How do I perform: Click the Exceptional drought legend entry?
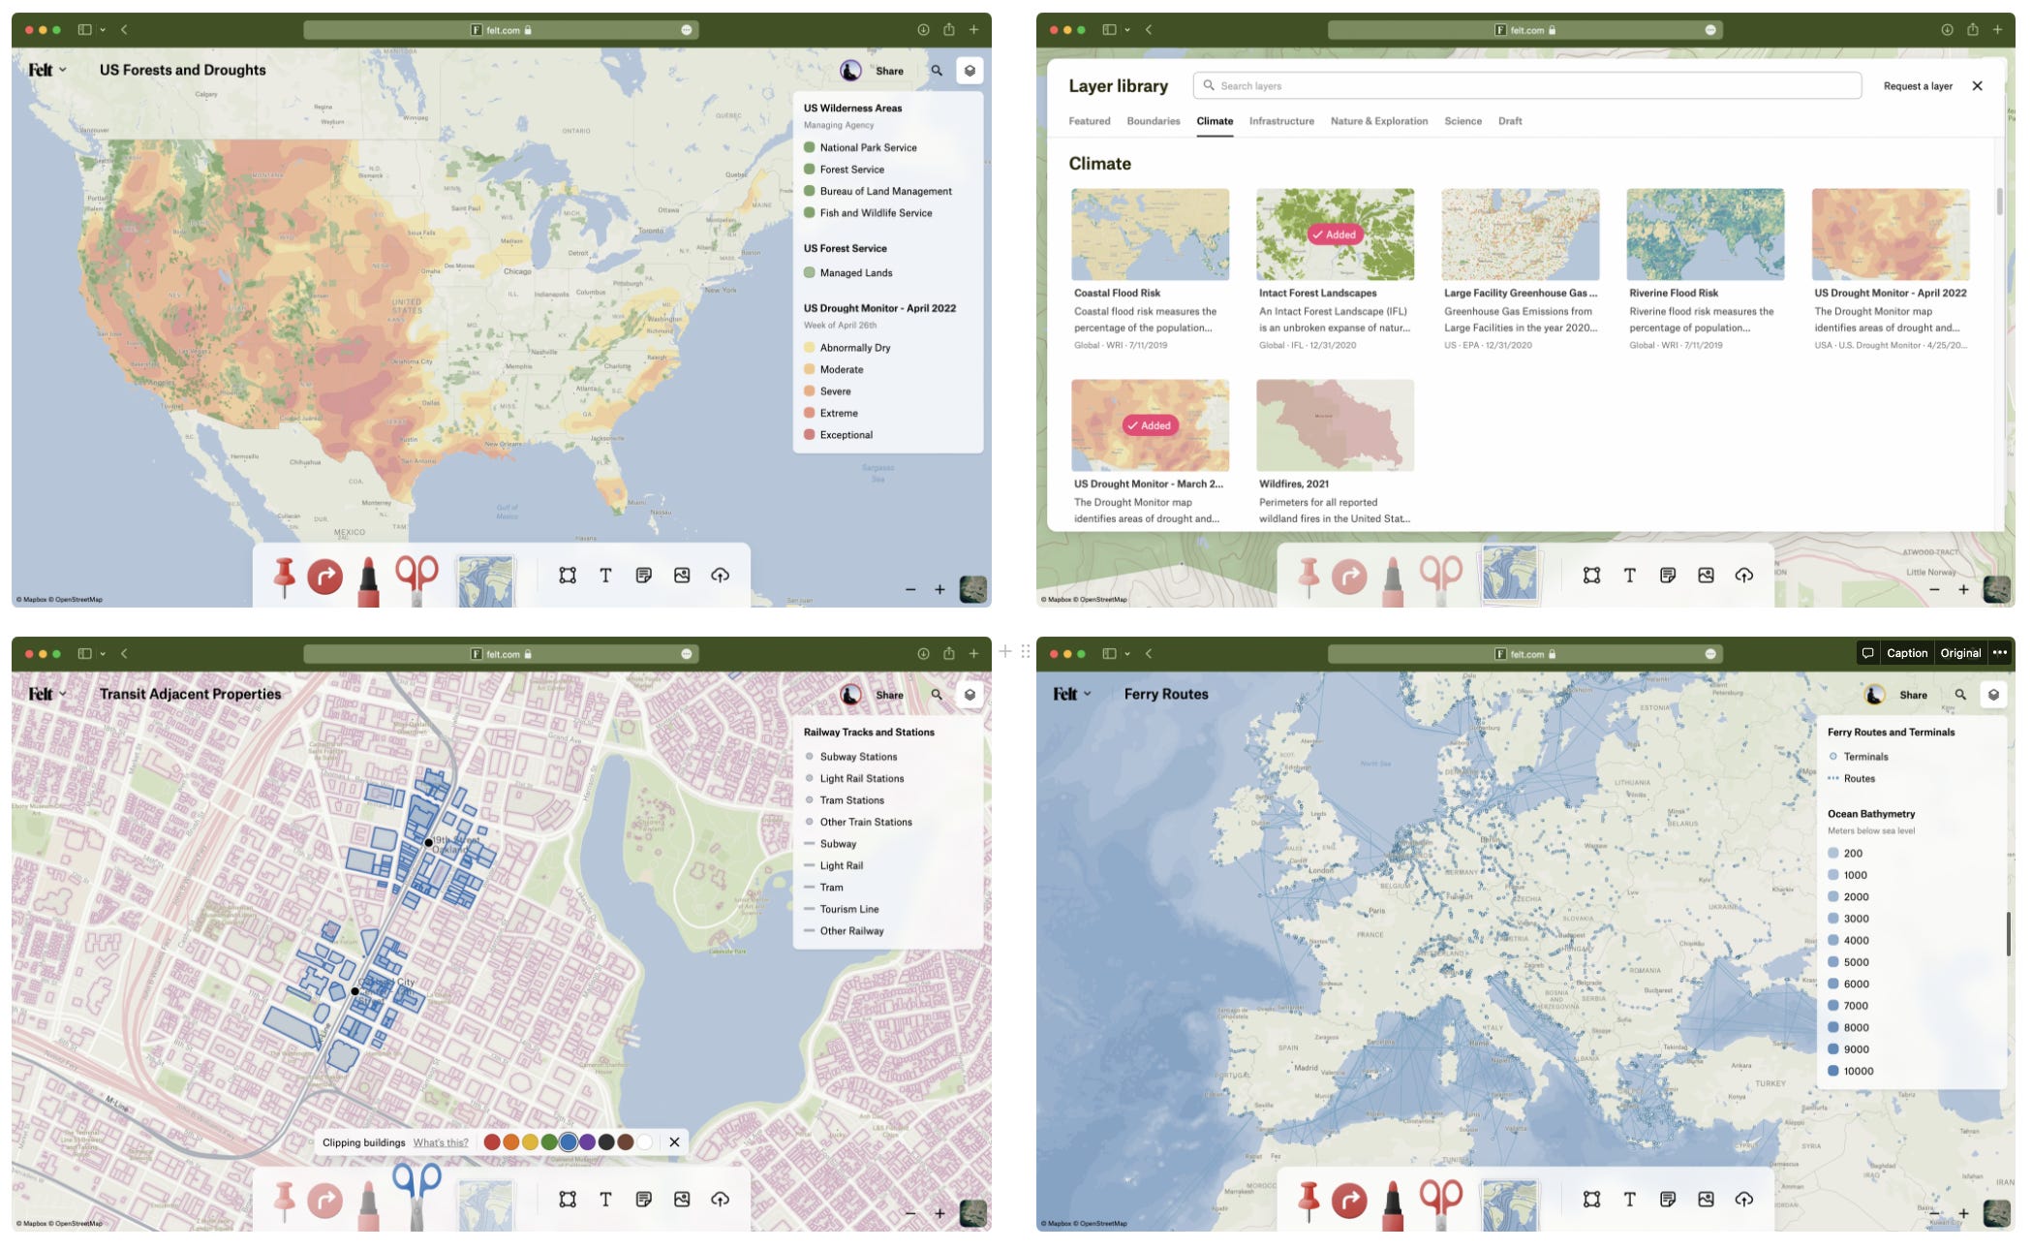(x=846, y=435)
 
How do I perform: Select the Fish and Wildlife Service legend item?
(x=876, y=213)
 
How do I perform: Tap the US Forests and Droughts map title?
(x=182, y=70)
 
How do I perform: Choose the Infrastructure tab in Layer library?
(x=1280, y=121)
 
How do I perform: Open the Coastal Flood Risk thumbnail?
(x=1150, y=234)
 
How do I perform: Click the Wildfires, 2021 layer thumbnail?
(x=1335, y=425)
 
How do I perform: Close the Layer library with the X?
(x=1977, y=86)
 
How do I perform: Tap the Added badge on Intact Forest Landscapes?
(x=1335, y=234)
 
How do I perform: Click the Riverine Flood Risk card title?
(x=1673, y=293)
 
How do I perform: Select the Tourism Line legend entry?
(x=848, y=909)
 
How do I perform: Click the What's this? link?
(x=441, y=1142)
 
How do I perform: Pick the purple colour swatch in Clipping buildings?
(x=587, y=1142)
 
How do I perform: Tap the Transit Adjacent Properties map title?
(x=190, y=694)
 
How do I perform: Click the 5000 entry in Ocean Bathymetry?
(x=1856, y=962)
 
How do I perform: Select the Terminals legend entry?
(x=1865, y=757)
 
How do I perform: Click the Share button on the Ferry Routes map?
(x=1913, y=695)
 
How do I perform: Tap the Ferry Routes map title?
(x=1166, y=694)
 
